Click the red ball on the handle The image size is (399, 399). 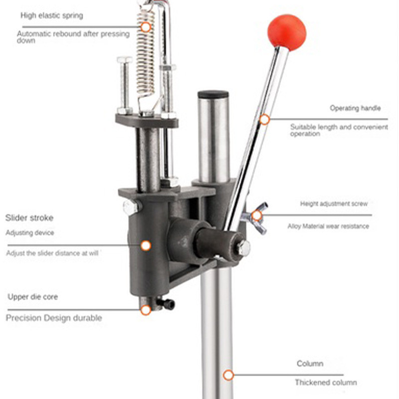(286, 32)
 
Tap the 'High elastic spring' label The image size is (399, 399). (52, 15)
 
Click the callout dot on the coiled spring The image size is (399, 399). (146, 27)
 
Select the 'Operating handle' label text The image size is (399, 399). (355, 108)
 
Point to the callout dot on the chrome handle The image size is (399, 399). (264, 120)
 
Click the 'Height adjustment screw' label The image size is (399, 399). (334, 203)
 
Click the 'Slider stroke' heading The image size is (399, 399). (29, 217)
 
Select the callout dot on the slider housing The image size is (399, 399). (146, 245)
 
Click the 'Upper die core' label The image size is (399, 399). (33, 297)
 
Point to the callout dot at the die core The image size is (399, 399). (146, 310)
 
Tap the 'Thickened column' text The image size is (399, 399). (326, 383)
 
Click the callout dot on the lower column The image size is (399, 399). (228, 375)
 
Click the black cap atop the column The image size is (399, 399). (213, 94)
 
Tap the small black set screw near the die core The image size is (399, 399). (168, 303)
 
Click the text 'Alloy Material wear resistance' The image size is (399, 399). (328, 226)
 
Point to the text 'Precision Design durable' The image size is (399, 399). (54, 318)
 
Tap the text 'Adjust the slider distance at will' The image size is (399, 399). (52, 253)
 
